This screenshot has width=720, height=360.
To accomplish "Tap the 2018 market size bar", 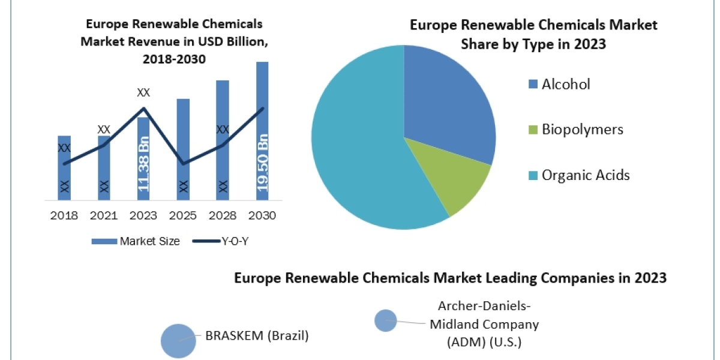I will [x=64, y=168].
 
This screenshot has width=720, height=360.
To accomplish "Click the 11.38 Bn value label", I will [x=144, y=167].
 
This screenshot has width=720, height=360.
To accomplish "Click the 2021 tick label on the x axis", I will [x=104, y=215].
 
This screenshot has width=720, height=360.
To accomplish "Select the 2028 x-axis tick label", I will [x=222, y=215].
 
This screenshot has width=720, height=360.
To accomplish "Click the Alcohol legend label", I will [x=566, y=85].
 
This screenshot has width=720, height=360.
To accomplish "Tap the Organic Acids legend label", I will [x=586, y=175].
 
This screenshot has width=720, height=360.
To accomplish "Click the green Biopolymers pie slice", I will [x=459, y=180].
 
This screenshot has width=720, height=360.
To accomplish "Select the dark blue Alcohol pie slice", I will [x=450, y=102].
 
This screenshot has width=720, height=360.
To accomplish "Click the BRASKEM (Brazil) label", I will [x=257, y=336].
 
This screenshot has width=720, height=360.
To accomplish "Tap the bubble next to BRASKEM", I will [x=178, y=341].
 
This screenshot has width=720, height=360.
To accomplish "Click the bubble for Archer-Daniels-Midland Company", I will [x=385, y=320].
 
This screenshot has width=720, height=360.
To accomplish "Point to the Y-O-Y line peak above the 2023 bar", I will [x=144, y=109].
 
